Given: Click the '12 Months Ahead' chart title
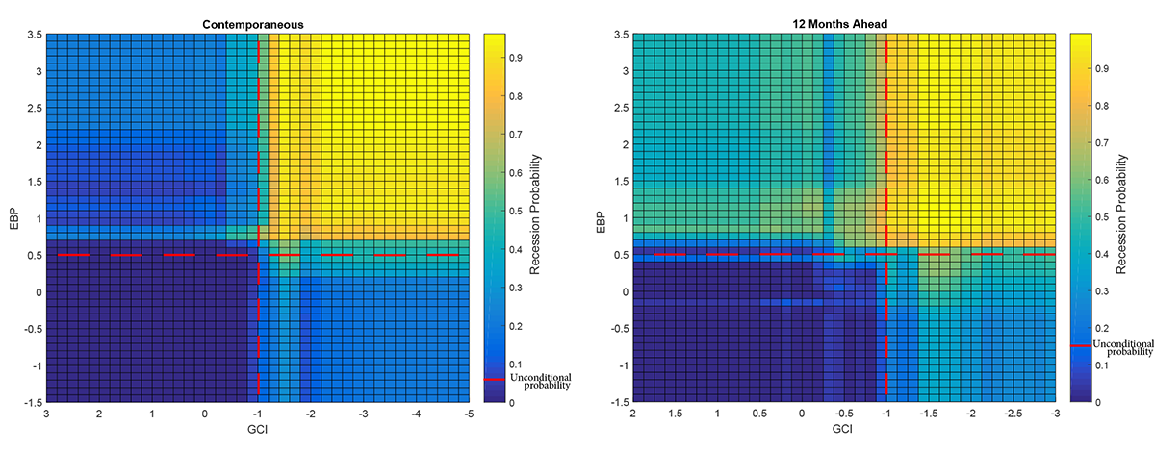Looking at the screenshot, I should (844, 22).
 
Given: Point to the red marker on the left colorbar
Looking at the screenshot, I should (493, 380).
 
